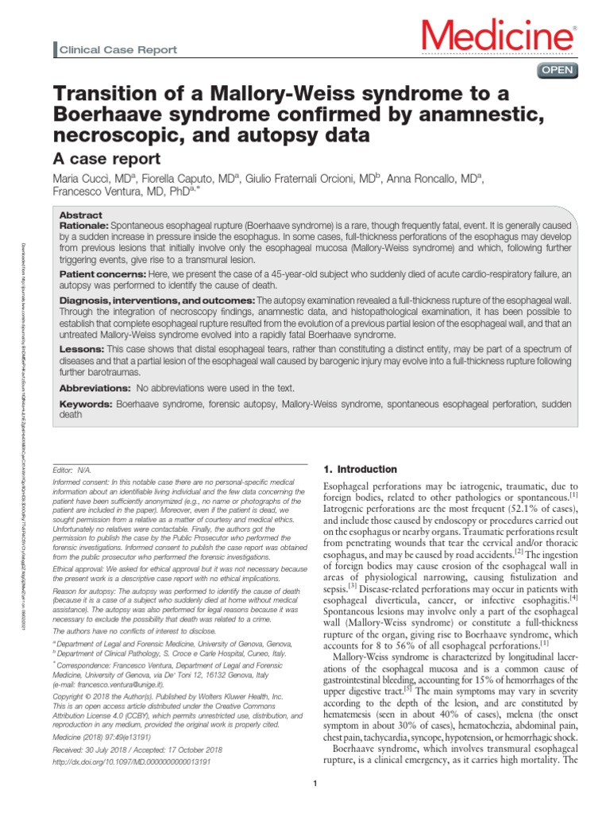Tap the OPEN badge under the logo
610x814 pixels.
tap(558, 71)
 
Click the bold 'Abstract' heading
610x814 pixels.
tap(80, 215)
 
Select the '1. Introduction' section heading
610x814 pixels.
tap(362, 469)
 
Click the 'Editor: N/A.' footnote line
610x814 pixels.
tap(75, 469)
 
